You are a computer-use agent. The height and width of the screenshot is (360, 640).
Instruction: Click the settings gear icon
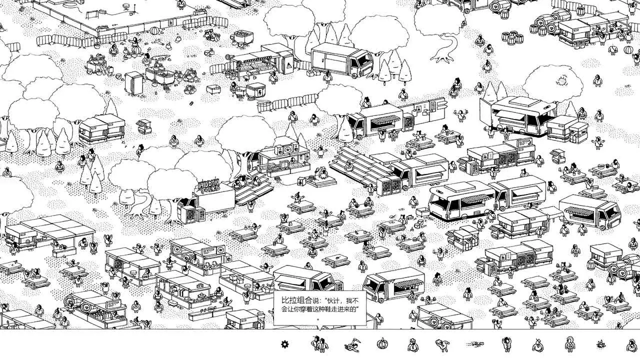tap(284, 344)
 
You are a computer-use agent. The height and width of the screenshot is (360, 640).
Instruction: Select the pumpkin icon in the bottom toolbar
tap(382, 344)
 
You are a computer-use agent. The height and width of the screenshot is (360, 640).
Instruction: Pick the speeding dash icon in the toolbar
tap(475, 344)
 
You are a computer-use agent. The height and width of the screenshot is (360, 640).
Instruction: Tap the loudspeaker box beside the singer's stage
tap(302, 181)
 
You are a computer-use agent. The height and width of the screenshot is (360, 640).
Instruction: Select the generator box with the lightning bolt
tap(255, 92)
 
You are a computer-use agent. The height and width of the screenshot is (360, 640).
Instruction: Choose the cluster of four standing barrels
tap(512, 37)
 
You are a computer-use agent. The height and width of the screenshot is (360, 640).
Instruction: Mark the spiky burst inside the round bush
tap(562, 80)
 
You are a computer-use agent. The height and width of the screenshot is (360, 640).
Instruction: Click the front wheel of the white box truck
tap(356, 75)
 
